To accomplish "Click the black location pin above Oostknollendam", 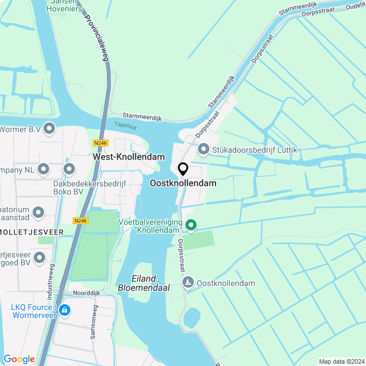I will (x=183, y=169).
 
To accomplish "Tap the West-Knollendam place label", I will (x=129, y=157).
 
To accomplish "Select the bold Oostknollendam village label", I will (x=183, y=183).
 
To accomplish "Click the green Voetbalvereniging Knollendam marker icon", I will (x=191, y=225).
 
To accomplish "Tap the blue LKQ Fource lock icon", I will (x=65, y=311).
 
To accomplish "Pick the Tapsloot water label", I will (x=125, y=125).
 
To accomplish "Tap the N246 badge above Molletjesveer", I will (x=81, y=220).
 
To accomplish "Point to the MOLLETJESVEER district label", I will (x=31, y=232).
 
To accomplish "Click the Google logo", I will (x=19, y=359).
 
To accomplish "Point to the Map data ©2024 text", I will (x=341, y=361).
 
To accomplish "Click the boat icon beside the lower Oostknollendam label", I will (x=188, y=283).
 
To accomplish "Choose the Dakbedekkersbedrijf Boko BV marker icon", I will (x=69, y=169).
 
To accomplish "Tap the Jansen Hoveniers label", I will (x=64, y=6).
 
